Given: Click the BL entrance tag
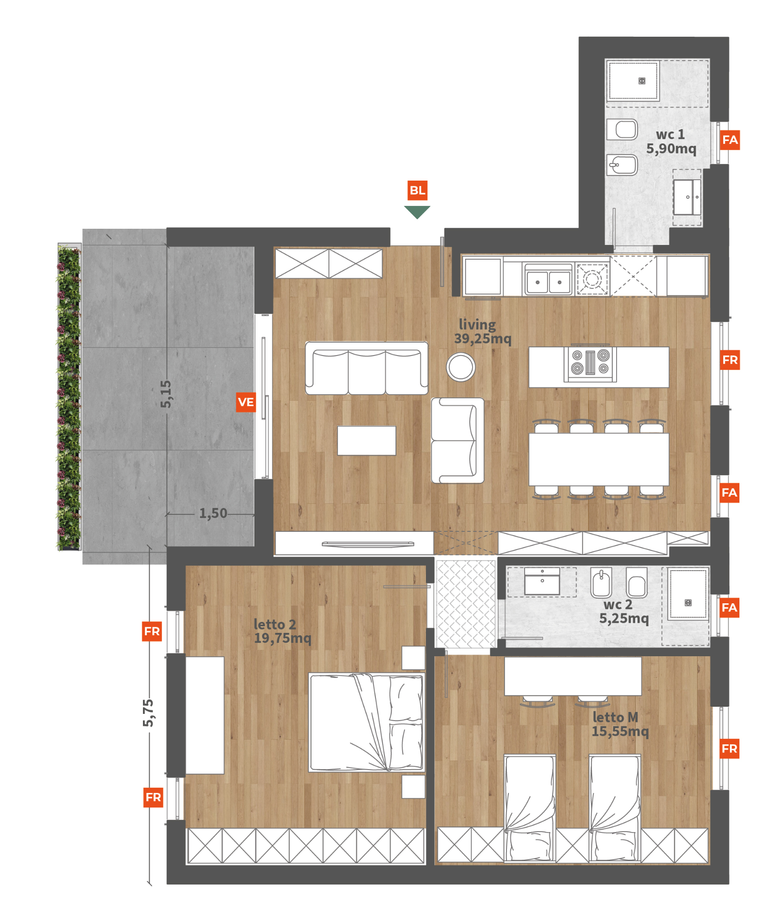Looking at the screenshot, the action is pyautogui.click(x=417, y=190).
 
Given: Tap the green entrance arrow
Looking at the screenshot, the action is pyautogui.click(x=417, y=212).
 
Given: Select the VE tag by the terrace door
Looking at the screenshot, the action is pyautogui.click(x=246, y=402).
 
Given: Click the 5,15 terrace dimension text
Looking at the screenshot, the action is pyautogui.click(x=165, y=394).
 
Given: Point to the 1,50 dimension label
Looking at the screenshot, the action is pyautogui.click(x=213, y=513).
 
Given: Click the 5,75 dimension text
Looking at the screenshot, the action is pyautogui.click(x=148, y=713).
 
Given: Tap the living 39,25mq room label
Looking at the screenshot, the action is pyautogui.click(x=482, y=332).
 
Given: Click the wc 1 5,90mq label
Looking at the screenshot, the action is pyautogui.click(x=671, y=142).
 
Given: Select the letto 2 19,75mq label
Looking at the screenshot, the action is pyautogui.click(x=283, y=631).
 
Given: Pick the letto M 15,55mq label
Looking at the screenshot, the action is pyautogui.click(x=620, y=724).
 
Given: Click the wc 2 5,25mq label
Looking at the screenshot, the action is pyautogui.click(x=624, y=611).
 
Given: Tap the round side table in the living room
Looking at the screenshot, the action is pyautogui.click(x=461, y=367).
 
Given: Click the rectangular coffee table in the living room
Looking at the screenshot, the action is pyautogui.click(x=366, y=441).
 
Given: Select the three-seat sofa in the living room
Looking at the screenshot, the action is pyautogui.click(x=366, y=368).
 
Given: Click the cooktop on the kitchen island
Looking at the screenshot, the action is pyautogui.click(x=590, y=363).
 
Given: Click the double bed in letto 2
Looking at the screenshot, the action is pyautogui.click(x=366, y=722).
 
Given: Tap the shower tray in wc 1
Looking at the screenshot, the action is pyautogui.click(x=633, y=81).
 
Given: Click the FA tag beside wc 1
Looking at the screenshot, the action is pyautogui.click(x=729, y=140).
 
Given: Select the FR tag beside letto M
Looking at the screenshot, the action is pyautogui.click(x=729, y=749).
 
